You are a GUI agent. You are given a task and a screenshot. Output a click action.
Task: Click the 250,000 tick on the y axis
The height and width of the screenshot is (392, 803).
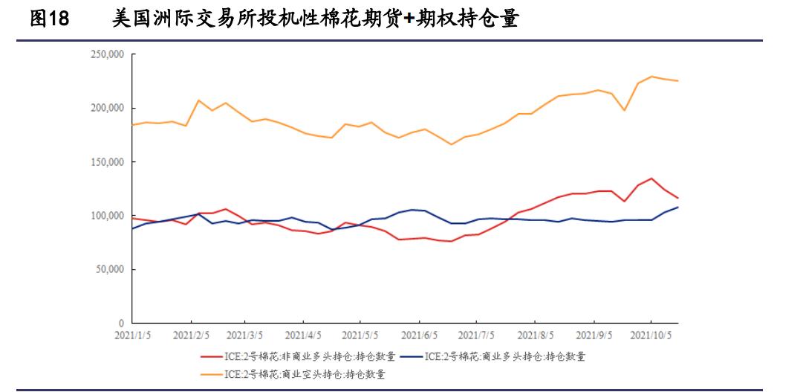pos(106,54)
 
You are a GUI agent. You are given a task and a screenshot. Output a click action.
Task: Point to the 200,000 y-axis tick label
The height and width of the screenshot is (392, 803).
pos(106,108)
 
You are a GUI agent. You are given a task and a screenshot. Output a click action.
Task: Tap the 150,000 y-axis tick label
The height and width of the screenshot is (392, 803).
pos(106,162)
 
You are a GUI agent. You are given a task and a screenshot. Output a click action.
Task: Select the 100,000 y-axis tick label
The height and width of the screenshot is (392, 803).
pos(106,216)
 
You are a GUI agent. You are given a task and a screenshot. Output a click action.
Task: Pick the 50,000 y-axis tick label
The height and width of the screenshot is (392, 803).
pos(108,269)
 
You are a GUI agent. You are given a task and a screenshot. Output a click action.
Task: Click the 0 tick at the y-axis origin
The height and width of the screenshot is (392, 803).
pos(121,324)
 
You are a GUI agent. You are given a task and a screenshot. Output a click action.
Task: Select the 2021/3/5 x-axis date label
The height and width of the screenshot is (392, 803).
pos(242,335)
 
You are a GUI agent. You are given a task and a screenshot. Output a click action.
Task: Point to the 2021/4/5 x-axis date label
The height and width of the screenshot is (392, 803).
pos(302,335)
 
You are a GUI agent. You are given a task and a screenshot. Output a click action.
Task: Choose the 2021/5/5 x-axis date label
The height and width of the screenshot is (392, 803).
pos(360,335)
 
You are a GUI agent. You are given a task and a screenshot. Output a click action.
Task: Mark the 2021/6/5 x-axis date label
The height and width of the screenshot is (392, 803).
pos(419,335)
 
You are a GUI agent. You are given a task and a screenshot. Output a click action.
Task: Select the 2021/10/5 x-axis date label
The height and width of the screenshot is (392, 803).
pos(652,335)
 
